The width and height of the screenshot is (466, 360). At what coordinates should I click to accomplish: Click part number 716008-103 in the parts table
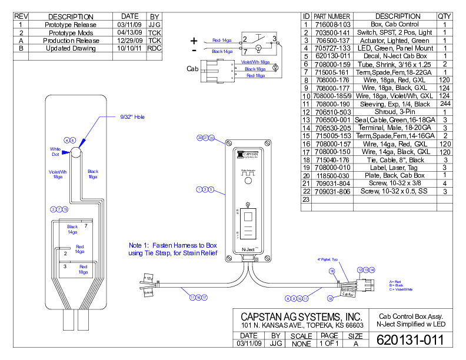pos(332,24)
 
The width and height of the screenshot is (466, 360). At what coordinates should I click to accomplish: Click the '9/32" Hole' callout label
pos(132,117)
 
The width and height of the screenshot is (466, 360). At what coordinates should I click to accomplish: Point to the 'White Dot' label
pos(56,152)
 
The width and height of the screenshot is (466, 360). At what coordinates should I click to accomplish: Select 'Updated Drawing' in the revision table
pos(70,49)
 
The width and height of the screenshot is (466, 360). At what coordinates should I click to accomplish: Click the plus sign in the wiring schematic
pos(194,41)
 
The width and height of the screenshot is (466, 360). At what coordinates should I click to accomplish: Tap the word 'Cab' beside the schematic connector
pos(192,69)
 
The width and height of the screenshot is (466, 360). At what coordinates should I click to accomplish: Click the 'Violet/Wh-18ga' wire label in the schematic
pos(255,62)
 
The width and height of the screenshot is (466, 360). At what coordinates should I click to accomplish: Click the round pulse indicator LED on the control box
pos(248,182)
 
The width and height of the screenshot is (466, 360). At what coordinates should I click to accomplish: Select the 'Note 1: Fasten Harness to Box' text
pos(174,245)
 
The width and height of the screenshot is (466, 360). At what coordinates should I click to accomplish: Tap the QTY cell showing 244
pos(444,104)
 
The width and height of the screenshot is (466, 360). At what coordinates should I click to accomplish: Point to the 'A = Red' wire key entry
pos(395,282)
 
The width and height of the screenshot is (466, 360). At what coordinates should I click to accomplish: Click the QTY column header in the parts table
pos(444,16)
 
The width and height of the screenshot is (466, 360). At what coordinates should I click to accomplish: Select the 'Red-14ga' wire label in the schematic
pos(222,41)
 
